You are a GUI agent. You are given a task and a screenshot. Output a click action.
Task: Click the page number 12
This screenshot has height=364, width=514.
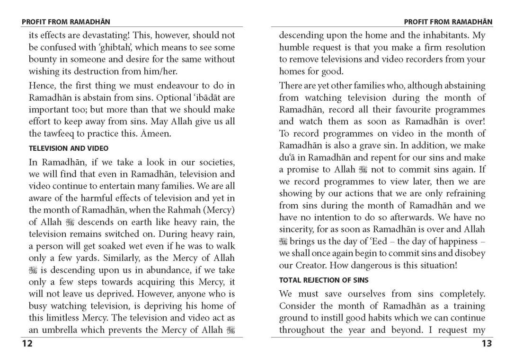[x=27, y=344]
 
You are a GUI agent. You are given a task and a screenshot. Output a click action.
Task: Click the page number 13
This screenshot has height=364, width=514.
[x=487, y=344]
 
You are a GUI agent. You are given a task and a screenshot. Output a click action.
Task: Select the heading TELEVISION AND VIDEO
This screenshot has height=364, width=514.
[x=69, y=148]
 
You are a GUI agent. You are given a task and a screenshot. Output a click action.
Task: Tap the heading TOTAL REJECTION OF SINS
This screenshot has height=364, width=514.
[x=324, y=280]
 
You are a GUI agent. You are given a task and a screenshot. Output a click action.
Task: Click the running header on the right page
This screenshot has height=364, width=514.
[x=448, y=22]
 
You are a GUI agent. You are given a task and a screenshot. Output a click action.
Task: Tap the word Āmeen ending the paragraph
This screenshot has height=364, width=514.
[x=156, y=134]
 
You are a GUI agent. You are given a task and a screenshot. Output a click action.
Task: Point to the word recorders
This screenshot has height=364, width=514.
[x=414, y=60]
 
